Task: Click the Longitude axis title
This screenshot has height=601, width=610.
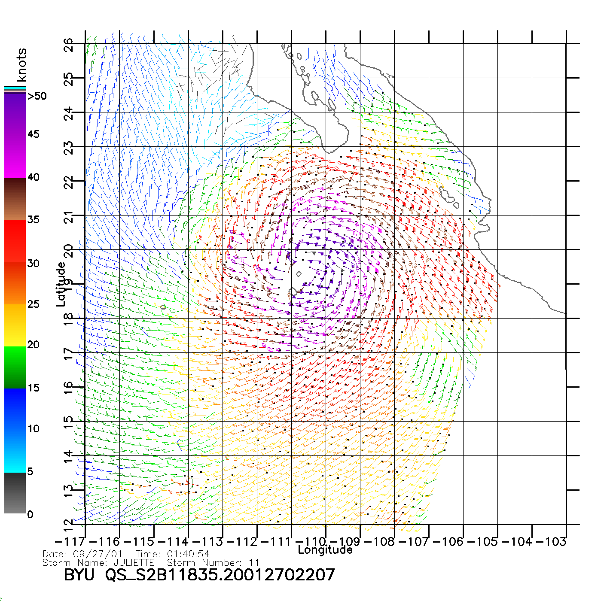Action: tap(325, 550)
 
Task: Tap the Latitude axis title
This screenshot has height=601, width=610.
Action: tap(61, 284)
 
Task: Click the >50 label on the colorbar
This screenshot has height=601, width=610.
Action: tap(37, 96)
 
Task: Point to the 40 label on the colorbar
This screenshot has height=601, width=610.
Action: tap(34, 177)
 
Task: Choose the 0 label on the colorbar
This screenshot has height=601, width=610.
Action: tap(30, 514)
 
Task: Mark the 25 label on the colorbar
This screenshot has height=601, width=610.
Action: tap(34, 304)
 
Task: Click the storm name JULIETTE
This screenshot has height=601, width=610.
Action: tap(134, 562)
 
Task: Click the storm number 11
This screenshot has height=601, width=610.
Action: tap(254, 562)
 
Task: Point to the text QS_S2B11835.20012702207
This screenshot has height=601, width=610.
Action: tap(220, 575)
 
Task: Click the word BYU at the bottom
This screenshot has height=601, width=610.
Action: tap(79, 575)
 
